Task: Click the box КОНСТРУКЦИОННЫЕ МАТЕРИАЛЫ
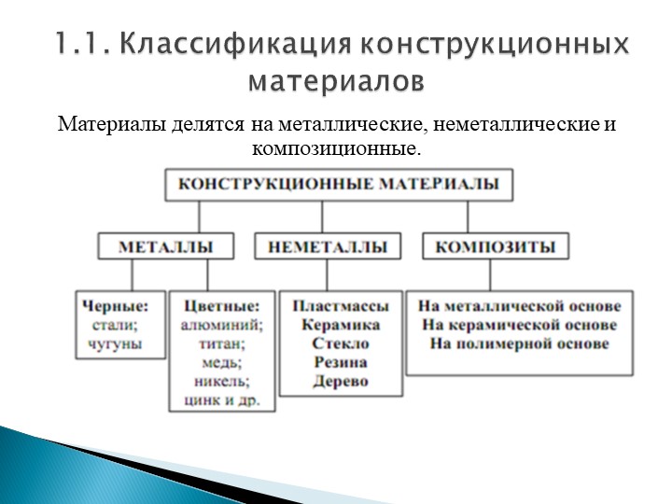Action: tap(339, 185)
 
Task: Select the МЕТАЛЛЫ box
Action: tap(166, 246)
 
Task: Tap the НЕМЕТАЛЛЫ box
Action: tap(328, 246)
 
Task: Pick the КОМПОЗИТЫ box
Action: tap(496, 246)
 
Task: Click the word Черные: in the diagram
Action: tap(116, 306)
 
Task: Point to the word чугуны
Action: tap(116, 343)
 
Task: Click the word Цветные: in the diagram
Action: tap(222, 306)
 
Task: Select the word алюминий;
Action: tap(222, 325)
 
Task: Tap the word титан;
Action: tap(222, 343)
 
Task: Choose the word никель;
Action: tap(222, 381)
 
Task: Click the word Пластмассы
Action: tap(341, 306)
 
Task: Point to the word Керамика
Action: tap(341, 325)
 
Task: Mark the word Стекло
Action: tap(341, 343)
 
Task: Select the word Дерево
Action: tap(341, 381)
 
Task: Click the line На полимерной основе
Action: tap(520, 343)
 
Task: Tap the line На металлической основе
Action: tap(520, 306)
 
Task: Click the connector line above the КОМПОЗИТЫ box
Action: tap(468, 217)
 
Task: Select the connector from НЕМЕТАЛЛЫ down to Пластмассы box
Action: tap(327, 275)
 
